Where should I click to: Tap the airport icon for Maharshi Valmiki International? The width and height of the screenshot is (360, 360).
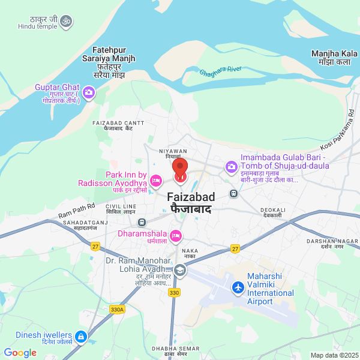click(238, 288)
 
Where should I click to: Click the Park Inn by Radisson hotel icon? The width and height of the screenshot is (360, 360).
click(156, 179)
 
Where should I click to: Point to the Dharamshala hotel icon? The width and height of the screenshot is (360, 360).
click(176, 236)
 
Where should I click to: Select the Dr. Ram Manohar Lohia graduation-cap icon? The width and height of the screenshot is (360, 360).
click(180, 271)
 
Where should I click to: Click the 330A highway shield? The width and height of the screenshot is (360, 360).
click(117, 309)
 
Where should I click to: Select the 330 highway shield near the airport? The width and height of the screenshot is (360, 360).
click(174, 292)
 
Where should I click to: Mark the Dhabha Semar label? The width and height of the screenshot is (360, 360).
click(175, 351)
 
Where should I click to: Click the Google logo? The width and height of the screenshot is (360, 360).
click(20, 353)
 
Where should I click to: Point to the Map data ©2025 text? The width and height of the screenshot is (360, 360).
click(334, 355)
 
